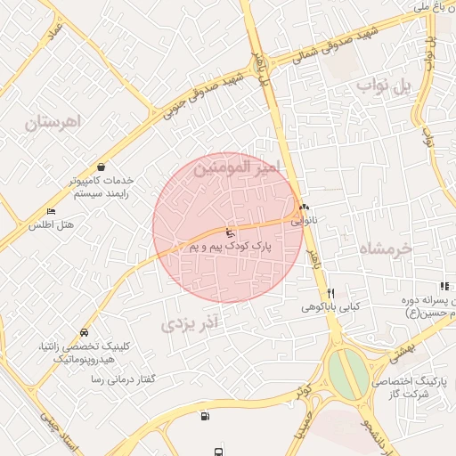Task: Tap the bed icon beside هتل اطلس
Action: point(52,212)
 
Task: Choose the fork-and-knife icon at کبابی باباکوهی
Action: point(330,293)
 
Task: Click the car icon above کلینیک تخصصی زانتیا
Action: point(84,332)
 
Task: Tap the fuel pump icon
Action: point(207,415)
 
